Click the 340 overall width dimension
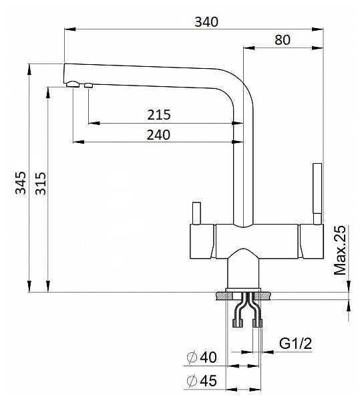[206, 22]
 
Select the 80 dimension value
[283, 40]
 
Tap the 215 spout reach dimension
[159, 115]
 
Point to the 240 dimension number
[158, 135]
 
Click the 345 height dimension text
[21, 183]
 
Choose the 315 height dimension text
[40, 183]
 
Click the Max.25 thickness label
[340, 250]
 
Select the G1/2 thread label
[295, 344]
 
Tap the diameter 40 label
[202, 357]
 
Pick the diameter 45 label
[202, 380]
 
